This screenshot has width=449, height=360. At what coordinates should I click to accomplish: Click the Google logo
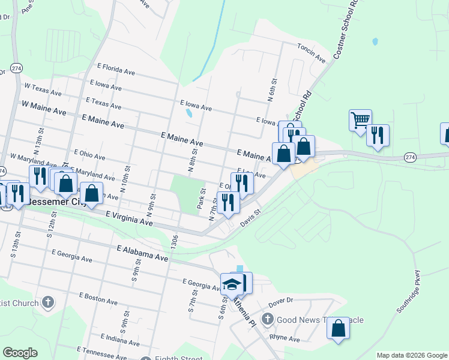tap(20, 353)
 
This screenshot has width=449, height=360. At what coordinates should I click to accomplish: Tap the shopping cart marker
tap(360, 120)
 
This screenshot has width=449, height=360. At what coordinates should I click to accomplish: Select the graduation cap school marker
tap(231, 284)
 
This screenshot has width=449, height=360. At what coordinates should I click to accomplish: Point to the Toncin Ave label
tap(311, 54)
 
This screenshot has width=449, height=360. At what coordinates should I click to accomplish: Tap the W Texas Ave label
tap(43, 91)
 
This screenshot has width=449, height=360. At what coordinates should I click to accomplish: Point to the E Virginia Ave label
tap(129, 218)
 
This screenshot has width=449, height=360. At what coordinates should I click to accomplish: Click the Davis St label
tap(252, 218)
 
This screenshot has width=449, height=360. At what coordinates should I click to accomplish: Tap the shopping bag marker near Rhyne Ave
tap(339, 328)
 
